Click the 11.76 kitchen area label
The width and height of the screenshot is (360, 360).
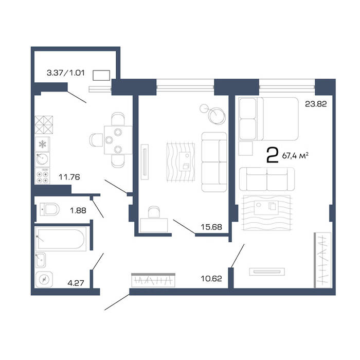(x=69, y=177)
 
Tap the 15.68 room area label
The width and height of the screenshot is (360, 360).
(x=211, y=227)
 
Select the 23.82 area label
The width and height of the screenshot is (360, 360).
(x=316, y=104)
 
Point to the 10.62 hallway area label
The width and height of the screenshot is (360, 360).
(x=211, y=279)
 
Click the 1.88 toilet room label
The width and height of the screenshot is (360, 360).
(x=78, y=210)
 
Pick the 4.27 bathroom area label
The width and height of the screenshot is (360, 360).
(x=76, y=283)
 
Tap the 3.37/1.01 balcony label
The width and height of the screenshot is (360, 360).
(x=66, y=73)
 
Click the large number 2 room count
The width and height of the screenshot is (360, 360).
(x=273, y=155)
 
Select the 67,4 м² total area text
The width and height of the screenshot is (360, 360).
(x=295, y=156)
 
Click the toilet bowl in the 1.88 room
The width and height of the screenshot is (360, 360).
(x=49, y=209)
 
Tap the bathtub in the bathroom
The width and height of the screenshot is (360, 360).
(x=61, y=239)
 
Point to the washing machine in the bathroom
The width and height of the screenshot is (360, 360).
(x=44, y=279)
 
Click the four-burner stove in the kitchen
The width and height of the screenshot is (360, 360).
(x=43, y=176)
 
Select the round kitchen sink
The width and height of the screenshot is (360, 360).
(x=42, y=159)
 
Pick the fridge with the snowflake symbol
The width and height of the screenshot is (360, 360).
(x=43, y=144)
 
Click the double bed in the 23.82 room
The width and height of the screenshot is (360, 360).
(x=268, y=119)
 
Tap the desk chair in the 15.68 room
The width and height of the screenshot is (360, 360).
(x=154, y=212)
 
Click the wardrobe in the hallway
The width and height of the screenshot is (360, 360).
(x=153, y=280)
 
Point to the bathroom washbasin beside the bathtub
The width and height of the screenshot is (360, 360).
(x=41, y=260)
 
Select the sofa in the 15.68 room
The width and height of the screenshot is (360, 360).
(x=214, y=162)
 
